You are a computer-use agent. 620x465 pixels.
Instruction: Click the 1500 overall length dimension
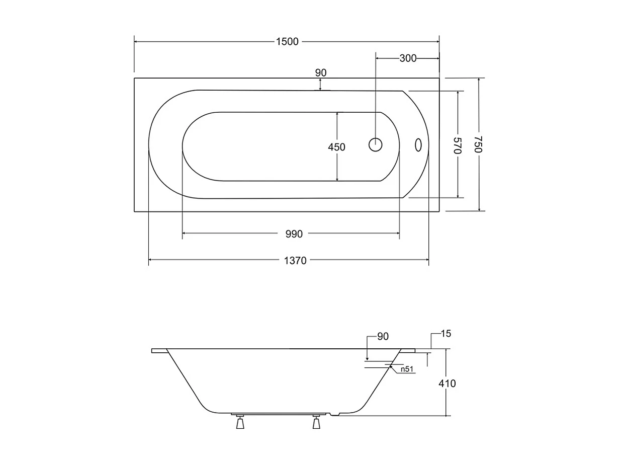(x=287, y=42)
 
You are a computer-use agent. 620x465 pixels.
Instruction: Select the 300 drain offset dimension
(x=408, y=58)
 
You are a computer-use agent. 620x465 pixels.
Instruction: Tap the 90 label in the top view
(x=321, y=72)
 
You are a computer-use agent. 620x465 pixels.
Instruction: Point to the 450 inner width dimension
(x=336, y=147)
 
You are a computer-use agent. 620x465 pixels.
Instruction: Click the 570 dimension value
(x=457, y=145)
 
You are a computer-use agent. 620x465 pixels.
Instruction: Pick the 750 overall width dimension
(x=479, y=144)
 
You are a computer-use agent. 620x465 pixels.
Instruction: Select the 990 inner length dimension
(x=294, y=234)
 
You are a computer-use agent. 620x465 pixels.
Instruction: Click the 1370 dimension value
(x=295, y=260)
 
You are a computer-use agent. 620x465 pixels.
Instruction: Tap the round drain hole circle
(x=376, y=145)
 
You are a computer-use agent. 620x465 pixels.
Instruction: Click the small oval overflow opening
(x=417, y=145)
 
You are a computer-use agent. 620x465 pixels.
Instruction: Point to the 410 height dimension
(x=447, y=383)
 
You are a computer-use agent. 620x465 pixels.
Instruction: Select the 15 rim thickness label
(x=446, y=334)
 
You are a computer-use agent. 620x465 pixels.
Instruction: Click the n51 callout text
(x=407, y=369)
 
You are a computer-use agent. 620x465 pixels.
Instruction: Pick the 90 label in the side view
(x=383, y=337)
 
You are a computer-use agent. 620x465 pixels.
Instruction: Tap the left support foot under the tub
(x=240, y=423)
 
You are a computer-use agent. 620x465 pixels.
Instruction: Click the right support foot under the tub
(x=316, y=423)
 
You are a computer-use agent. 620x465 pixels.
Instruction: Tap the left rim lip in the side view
(x=159, y=351)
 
